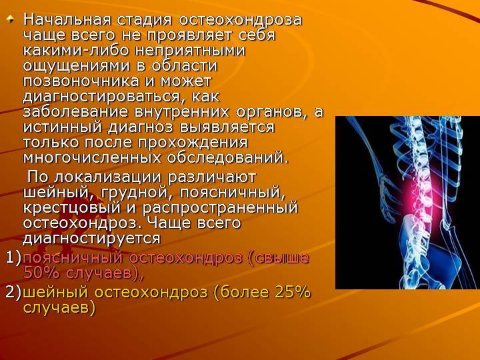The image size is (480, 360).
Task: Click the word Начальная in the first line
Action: tap(67, 20)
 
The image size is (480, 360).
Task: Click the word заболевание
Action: tap(75, 112)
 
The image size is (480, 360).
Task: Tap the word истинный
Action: tap(63, 127)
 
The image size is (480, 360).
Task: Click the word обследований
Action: tap(228, 158)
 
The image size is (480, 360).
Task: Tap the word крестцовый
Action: tap(71, 208)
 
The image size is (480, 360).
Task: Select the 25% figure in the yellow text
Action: tap(293, 293)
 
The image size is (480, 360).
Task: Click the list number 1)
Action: tap(13, 258)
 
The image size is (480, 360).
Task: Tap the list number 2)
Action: tap(13, 293)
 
